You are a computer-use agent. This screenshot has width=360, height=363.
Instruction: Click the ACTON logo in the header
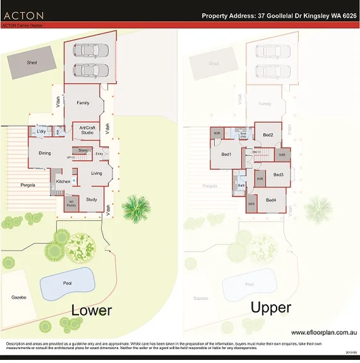pos(24,15)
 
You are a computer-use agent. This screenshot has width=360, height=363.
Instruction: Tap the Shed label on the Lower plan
pos(32,63)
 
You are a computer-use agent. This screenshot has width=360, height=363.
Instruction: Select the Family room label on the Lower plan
pos(83,103)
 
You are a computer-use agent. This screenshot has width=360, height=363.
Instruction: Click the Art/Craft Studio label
pos(87,131)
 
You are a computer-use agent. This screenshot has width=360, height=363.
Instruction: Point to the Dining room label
pos(45,153)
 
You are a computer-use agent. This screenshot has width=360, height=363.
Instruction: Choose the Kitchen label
pos(63,181)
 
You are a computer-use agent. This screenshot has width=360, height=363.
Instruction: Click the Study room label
pos(91,199)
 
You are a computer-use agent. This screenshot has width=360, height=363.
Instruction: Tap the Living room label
pos(96,173)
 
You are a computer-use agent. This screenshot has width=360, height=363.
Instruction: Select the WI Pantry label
pos(71,203)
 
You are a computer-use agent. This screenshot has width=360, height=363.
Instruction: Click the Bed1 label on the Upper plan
pos(226,154)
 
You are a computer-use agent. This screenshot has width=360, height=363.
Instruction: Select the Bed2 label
pos(268,135)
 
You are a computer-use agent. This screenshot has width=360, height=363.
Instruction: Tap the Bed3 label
pos(278,174)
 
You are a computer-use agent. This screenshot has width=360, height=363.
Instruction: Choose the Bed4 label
pos(271,200)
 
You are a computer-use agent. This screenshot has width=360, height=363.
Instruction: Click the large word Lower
pos(91,310)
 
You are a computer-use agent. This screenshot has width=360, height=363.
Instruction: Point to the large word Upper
pos(271,308)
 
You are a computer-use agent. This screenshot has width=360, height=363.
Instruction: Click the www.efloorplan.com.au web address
pos(323,332)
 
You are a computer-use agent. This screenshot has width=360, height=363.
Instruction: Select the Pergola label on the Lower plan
pos(27,185)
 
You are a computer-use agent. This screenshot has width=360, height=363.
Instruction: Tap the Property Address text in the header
pos(279,15)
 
